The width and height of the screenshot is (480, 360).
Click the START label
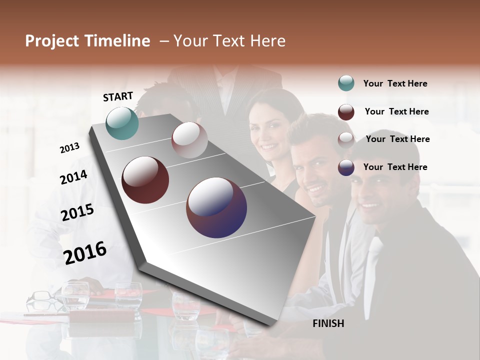(118, 96)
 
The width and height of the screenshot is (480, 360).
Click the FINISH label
(328, 323)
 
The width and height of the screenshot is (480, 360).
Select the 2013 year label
(69, 148)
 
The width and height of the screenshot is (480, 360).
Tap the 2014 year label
(73, 177)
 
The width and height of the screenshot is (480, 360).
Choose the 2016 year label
(85, 253)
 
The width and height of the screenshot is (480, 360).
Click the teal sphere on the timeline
(122, 123)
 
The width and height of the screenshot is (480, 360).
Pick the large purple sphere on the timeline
(216, 207)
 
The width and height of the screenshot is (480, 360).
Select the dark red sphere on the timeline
(145, 180)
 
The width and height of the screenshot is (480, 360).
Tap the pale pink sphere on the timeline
(189, 140)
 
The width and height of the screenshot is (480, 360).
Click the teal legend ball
(346, 83)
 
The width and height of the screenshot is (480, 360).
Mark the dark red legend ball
(346, 112)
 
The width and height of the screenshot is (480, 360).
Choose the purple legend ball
(346, 167)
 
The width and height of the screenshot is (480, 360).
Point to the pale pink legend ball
(346, 139)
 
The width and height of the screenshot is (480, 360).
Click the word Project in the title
(52, 41)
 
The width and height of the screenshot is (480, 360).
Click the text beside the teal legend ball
(395, 83)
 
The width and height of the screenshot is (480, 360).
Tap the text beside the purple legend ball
(395, 167)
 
